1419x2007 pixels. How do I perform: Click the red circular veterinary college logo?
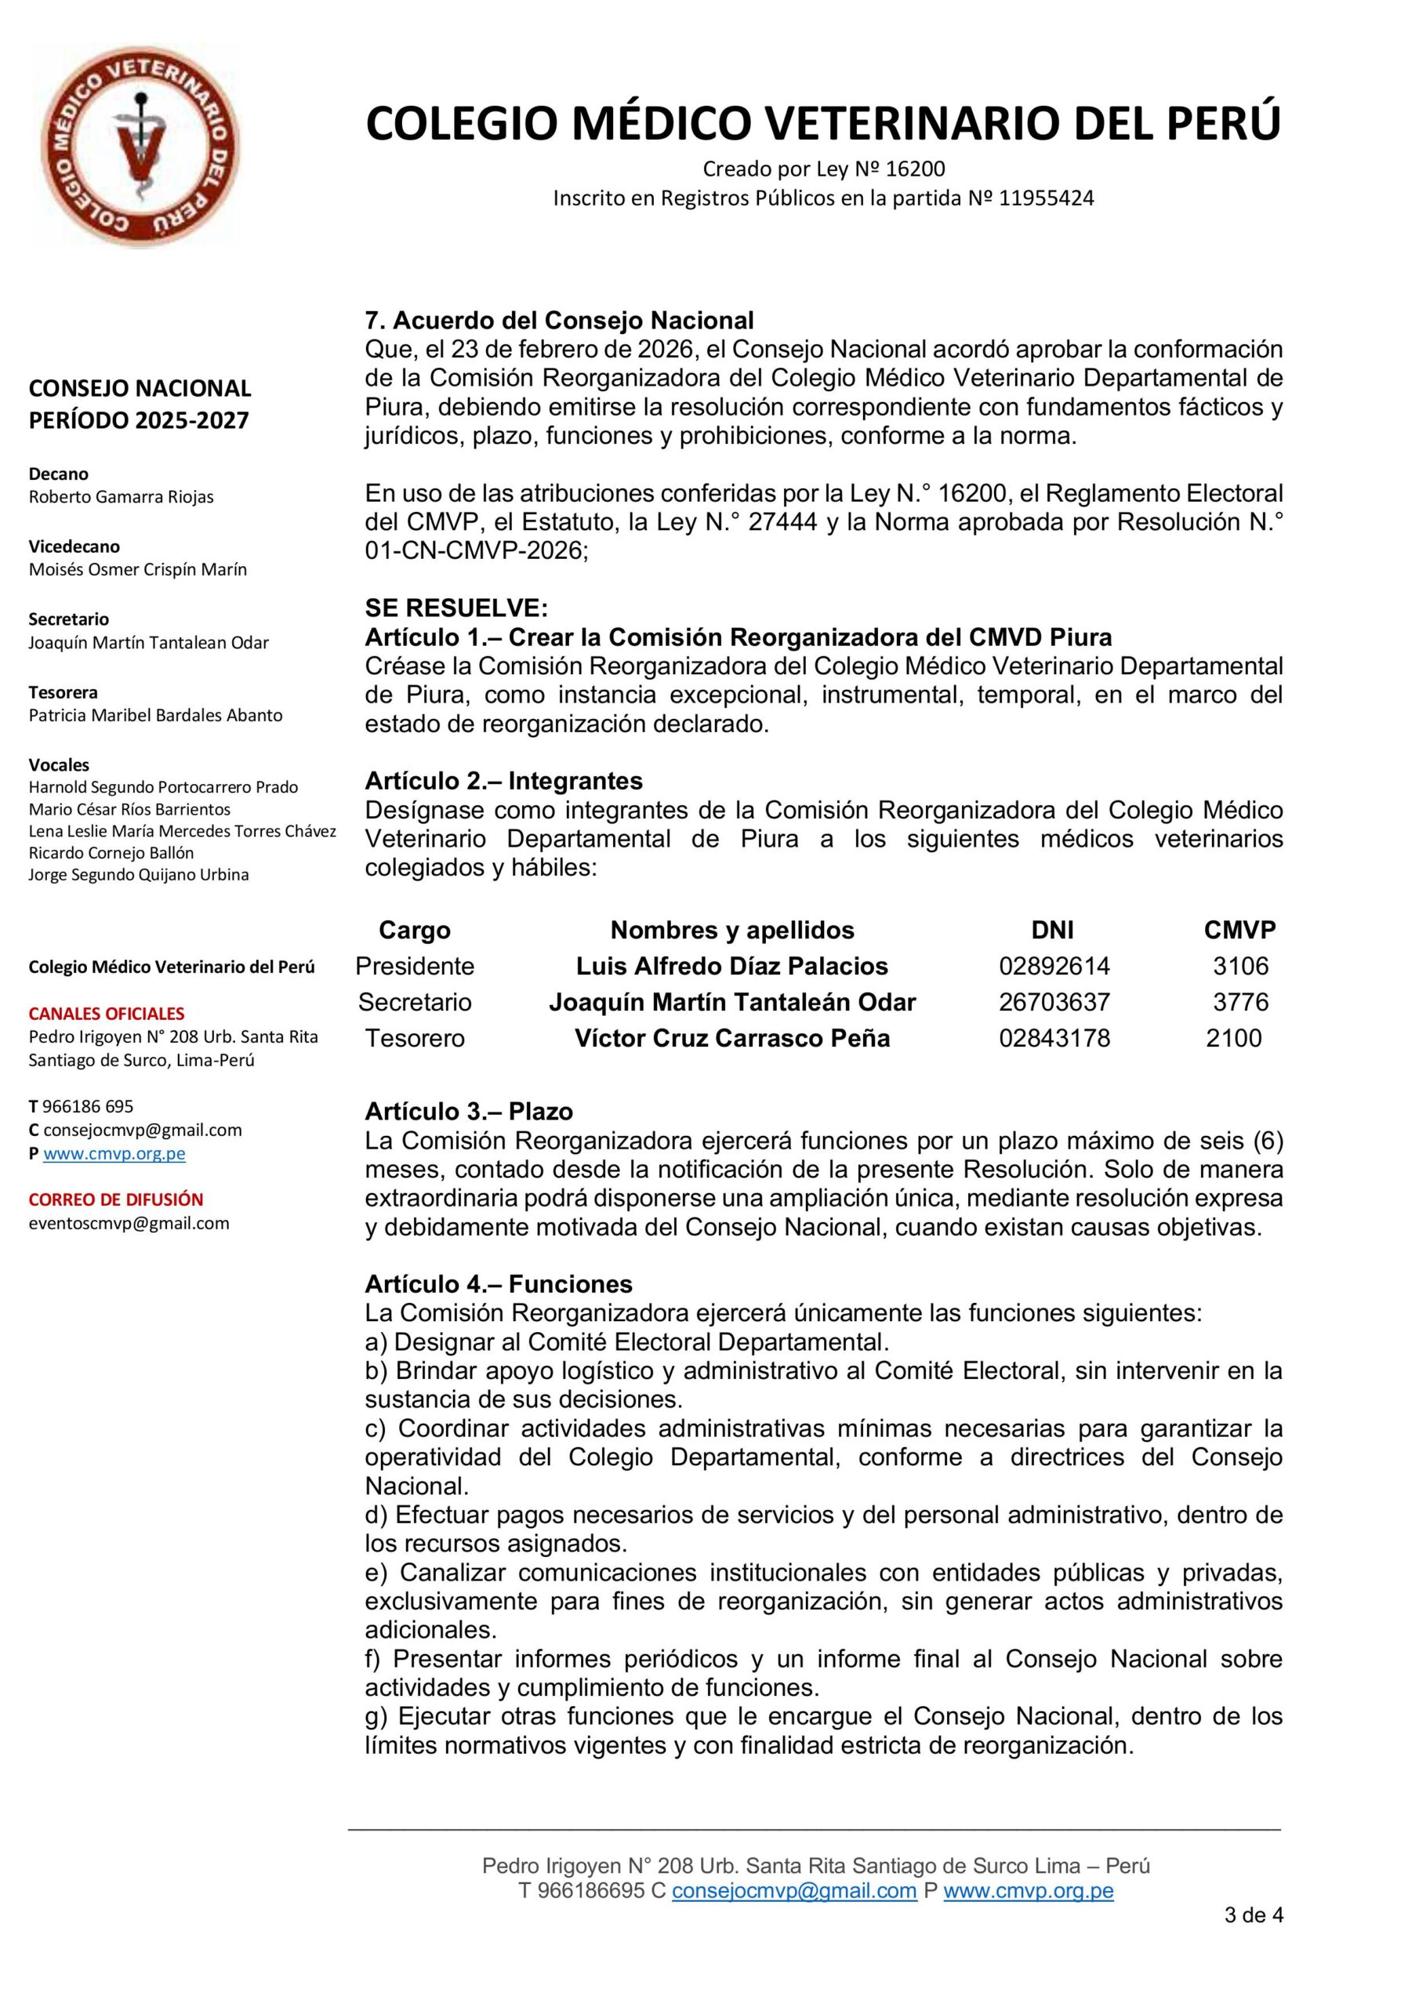140,146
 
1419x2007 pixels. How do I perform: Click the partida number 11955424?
1046,198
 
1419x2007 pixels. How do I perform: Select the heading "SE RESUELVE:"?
455,608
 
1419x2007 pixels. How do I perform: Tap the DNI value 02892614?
1054,966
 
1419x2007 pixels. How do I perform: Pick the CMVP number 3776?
1239,1002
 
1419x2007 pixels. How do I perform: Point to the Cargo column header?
415,930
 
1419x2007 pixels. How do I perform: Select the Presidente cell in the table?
415,966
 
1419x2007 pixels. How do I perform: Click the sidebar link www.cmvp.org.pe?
114,1153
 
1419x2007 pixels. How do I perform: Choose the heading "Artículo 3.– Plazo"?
469,1112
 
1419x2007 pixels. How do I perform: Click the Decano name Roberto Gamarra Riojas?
121,496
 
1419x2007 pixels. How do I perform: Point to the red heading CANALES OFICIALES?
107,1014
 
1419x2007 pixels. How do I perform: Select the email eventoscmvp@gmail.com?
129,1223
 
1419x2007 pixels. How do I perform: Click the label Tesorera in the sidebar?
63,692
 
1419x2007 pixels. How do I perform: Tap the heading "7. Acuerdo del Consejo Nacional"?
559,320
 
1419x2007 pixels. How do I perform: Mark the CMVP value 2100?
1232,1039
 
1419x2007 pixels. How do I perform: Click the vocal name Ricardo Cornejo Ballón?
111,852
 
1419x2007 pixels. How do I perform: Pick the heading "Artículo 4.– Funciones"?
499,1284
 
